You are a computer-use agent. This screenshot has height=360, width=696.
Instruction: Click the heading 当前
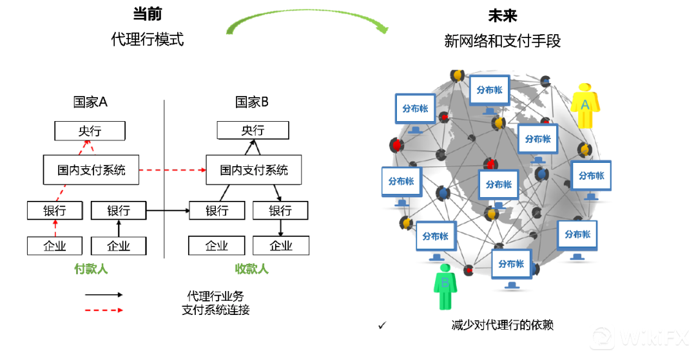coord(147,15)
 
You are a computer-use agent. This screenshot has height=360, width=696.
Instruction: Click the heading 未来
coord(503,16)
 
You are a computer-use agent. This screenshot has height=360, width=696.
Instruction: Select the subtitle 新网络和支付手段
coord(503,41)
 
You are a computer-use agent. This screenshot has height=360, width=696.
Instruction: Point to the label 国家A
coord(90,102)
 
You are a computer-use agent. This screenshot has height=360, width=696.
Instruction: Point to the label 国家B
coord(252,102)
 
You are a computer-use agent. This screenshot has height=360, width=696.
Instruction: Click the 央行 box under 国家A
coord(90,131)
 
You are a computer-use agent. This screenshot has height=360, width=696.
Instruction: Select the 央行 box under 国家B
coord(253,131)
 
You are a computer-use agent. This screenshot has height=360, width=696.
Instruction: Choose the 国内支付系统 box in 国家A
coord(91,171)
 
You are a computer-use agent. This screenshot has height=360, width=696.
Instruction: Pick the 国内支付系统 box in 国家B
coord(253,171)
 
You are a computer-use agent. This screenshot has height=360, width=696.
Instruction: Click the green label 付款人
coord(91,269)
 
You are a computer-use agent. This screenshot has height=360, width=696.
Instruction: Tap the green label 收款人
coord(252,269)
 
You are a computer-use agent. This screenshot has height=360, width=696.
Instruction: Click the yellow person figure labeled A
coord(585,106)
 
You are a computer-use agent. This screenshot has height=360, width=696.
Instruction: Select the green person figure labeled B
coord(445,287)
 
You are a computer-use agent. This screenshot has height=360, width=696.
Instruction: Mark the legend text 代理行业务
coord(215,296)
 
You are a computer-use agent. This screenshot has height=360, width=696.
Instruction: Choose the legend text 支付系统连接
coord(215,310)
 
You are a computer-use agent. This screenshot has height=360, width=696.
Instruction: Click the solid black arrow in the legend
coord(103,294)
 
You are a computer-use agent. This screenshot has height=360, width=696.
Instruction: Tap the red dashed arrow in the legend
coord(103,310)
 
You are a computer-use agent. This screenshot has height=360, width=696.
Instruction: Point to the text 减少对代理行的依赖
coord(502,325)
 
